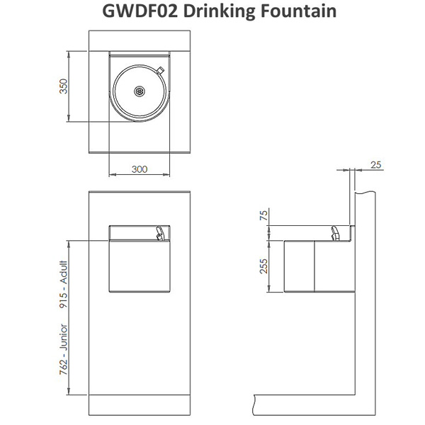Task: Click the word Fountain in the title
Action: click(x=298, y=11)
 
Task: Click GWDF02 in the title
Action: click(x=140, y=11)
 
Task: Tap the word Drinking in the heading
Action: click(x=219, y=12)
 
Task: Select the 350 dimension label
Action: click(x=63, y=86)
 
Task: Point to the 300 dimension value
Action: click(x=140, y=169)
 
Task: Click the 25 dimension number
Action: click(x=375, y=165)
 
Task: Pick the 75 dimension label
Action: click(x=263, y=215)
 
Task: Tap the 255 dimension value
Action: click(x=263, y=266)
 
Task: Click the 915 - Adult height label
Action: click(x=63, y=284)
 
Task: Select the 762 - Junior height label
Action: click(x=63, y=350)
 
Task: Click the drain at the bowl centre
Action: click(x=140, y=91)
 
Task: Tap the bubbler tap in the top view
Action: click(x=160, y=70)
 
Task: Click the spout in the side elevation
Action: click(x=335, y=233)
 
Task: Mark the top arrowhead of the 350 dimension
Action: click(x=69, y=54)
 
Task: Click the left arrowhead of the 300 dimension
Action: click(x=112, y=174)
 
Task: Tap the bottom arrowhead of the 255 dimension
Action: click(x=269, y=289)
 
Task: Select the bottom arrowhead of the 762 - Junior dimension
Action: click(x=69, y=392)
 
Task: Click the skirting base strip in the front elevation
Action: click(x=140, y=405)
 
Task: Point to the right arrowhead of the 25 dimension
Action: click(x=358, y=170)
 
